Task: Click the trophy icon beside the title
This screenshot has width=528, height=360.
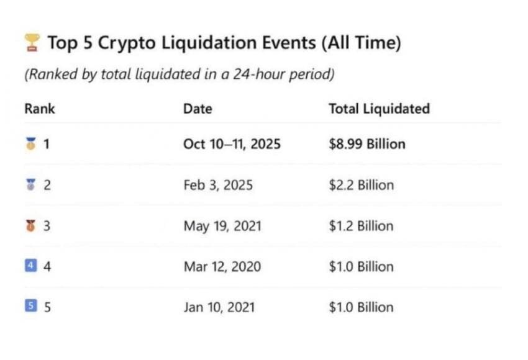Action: click(32, 43)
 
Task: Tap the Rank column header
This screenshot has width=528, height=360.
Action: click(40, 109)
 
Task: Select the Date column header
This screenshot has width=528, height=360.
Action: click(198, 109)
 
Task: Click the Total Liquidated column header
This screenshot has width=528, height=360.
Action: click(379, 109)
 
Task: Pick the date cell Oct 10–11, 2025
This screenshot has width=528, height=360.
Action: click(232, 144)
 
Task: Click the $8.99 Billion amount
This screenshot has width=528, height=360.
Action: click(366, 144)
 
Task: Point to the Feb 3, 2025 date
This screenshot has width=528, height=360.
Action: click(218, 185)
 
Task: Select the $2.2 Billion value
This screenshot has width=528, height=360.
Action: click(361, 185)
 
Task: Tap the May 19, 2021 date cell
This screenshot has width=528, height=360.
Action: click(222, 226)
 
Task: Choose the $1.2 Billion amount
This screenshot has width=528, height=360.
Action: click(361, 226)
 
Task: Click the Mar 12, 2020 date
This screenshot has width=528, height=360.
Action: click(222, 267)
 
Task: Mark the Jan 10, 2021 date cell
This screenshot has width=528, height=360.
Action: click(219, 307)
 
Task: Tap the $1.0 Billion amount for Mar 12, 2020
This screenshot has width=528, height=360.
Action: click(361, 267)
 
